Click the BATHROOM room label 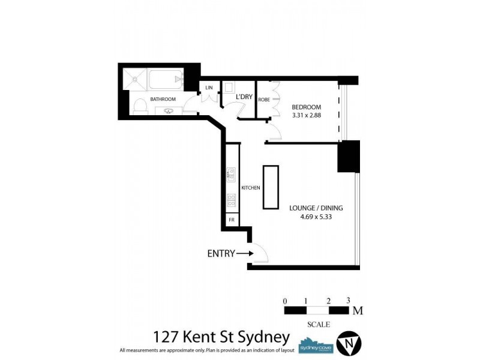tap(163, 99)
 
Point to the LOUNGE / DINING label tap(316, 208)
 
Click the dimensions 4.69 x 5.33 tap(316, 217)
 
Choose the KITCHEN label tap(250, 188)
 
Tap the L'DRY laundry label tap(244, 97)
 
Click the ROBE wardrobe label tap(263, 100)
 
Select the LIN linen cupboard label tap(209, 88)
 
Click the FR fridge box tap(232, 220)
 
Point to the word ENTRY tap(220, 254)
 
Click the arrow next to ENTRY tap(245, 254)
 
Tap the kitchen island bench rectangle tap(271, 187)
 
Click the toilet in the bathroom tap(139, 107)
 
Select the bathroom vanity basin tap(169, 110)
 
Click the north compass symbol tap(349, 343)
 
